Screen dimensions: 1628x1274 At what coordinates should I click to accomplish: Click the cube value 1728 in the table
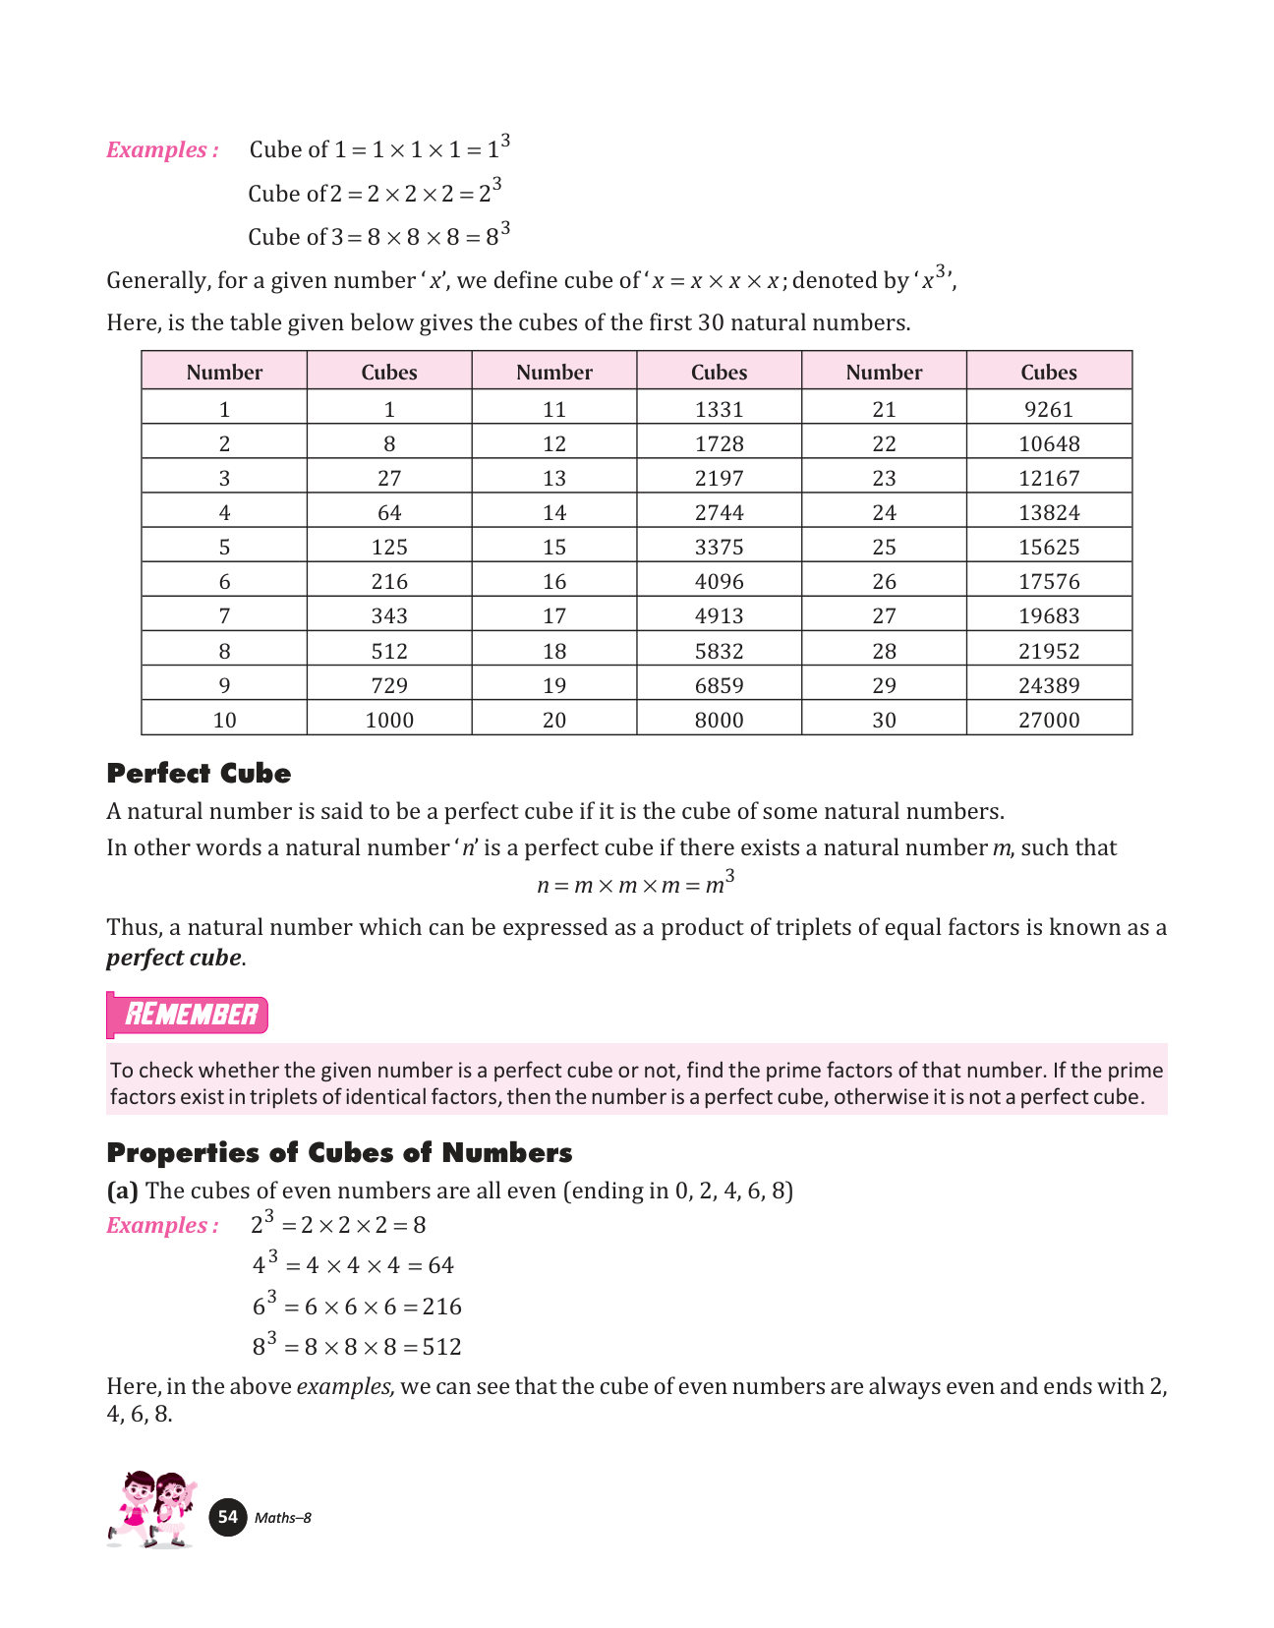(x=719, y=443)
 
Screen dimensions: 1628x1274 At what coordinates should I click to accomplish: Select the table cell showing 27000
(x=1049, y=720)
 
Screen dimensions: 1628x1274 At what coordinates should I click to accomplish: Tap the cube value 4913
(x=719, y=616)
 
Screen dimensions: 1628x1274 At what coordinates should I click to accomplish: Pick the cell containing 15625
(x=1049, y=547)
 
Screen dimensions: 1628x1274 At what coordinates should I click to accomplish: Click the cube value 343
(x=389, y=616)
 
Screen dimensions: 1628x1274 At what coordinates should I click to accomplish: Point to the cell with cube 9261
(x=1049, y=409)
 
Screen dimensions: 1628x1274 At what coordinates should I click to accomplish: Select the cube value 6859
(x=719, y=685)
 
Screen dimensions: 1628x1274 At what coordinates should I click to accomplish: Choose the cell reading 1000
(x=389, y=720)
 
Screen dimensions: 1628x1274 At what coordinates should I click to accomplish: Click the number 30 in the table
(x=884, y=720)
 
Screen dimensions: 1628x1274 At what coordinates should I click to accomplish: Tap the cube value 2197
(x=719, y=478)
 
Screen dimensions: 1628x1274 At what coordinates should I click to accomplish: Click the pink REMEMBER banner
(x=189, y=1015)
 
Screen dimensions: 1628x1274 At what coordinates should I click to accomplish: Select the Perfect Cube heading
(x=199, y=774)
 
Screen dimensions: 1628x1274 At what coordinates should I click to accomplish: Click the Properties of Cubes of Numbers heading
(x=339, y=1152)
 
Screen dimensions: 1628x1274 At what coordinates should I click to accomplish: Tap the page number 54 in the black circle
(x=228, y=1517)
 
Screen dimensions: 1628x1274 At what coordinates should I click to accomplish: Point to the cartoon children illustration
(x=152, y=1509)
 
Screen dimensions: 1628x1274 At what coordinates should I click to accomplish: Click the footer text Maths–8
(x=283, y=1518)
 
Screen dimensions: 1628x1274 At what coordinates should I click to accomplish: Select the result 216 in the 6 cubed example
(x=441, y=1307)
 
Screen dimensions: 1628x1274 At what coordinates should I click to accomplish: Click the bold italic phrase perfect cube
(x=174, y=958)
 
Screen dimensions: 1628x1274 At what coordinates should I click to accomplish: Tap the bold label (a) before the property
(x=123, y=1191)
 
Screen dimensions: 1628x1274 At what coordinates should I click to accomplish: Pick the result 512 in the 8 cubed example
(x=441, y=1347)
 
